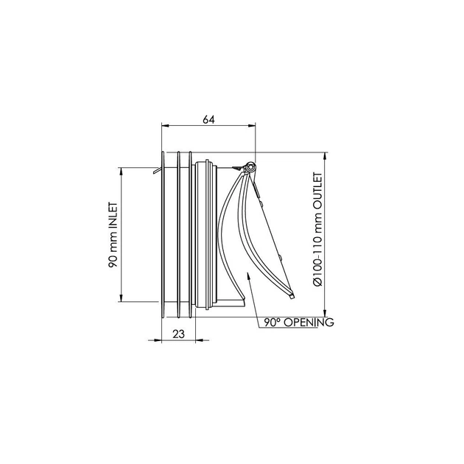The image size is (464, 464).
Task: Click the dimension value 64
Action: pyautogui.click(x=208, y=119)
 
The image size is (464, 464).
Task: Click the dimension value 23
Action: pyautogui.click(x=178, y=334)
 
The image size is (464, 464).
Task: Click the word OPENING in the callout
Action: pyautogui.click(x=309, y=322)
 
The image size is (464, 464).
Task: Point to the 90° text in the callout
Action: pyautogui.click(x=273, y=322)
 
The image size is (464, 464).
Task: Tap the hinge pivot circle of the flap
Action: pyautogui.click(x=251, y=166)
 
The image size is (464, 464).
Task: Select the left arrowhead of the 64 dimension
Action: pyautogui.click(x=165, y=126)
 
